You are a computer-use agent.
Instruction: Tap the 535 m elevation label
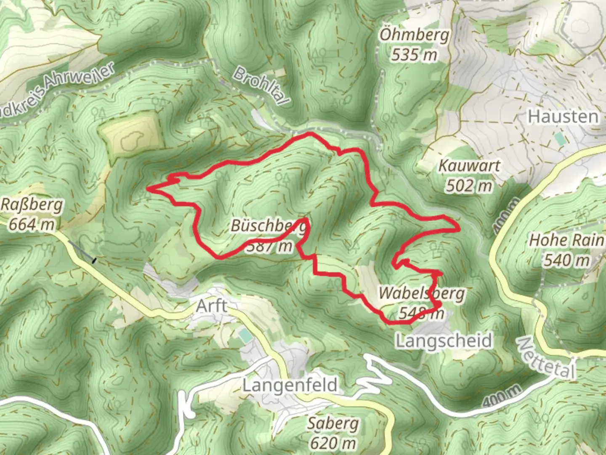click(414, 55)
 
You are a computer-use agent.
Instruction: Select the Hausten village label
click(563, 117)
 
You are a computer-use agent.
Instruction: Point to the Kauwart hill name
click(469, 166)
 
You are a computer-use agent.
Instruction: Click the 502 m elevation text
click(469, 185)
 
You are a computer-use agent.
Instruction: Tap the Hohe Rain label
click(566, 240)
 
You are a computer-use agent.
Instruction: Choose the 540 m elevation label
click(566, 260)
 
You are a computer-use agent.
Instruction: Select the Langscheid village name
click(444, 340)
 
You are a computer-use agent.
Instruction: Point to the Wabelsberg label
click(422, 293)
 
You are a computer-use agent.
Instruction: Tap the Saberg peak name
click(332, 423)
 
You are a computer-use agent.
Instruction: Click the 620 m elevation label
click(332, 443)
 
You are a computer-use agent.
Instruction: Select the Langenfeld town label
click(290, 385)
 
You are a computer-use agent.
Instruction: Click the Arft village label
click(212, 306)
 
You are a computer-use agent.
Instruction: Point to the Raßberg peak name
click(32, 205)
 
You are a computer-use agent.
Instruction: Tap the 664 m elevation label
click(32, 224)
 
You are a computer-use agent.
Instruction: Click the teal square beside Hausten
click(560, 139)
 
